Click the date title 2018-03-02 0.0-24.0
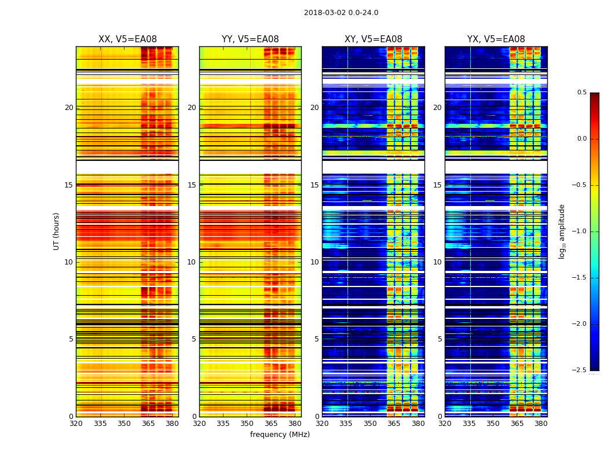click(x=341, y=13)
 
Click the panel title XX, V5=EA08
click(x=127, y=39)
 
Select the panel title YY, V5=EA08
click(x=250, y=39)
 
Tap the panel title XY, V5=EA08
click(x=373, y=39)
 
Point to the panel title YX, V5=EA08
click(x=496, y=39)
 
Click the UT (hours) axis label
click(x=57, y=231)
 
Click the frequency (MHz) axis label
click(x=280, y=435)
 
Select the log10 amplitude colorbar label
click(x=562, y=231)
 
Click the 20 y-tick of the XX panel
click(x=69, y=108)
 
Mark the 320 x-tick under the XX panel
click(x=76, y=424)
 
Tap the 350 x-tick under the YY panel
click(x=247, y=424)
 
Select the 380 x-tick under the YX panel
click(x=541, y=424)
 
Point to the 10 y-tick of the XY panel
click(x=314, y=262)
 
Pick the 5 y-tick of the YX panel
click(x=439, y=339)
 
